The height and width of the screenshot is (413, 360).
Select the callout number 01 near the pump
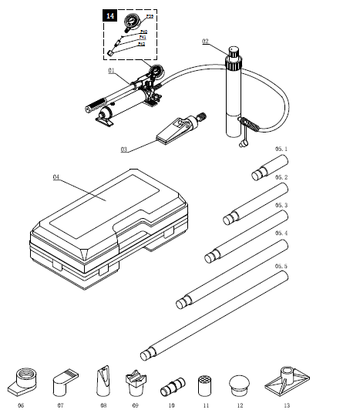(x=112, y=70)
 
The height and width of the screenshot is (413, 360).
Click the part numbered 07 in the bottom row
(x=65, y=380)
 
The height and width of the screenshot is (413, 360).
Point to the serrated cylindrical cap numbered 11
(x=205, y=384)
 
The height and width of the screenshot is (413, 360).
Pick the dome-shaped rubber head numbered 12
(x=240, y=383)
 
